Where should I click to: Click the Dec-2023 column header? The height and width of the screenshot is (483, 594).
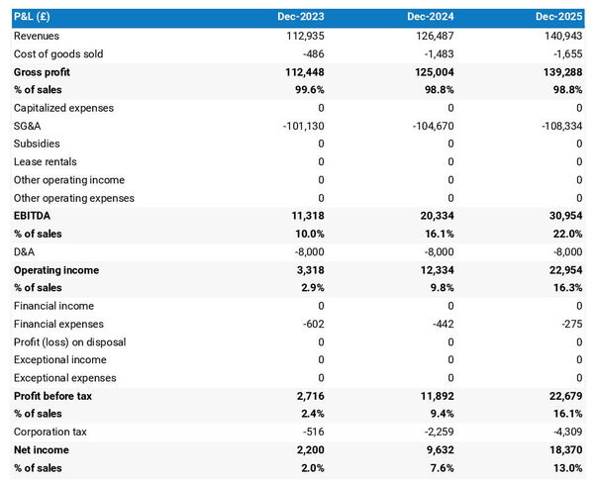point(303,18)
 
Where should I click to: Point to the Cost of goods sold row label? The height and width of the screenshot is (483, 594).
point(58,53)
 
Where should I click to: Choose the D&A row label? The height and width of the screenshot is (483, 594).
point(26,251)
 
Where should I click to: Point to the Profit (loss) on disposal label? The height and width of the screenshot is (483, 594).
point(70,341)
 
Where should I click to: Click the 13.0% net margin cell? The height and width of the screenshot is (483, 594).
point(568,467)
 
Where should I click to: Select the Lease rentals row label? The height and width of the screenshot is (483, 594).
point(46,161)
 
